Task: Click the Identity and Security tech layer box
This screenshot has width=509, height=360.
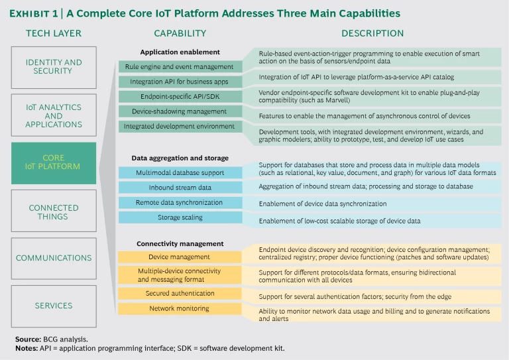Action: click(x=54, y=67)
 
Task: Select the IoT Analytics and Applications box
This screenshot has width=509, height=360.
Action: click(x=54, y=115)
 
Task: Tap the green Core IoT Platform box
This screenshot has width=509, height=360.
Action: click(x=54, y=162)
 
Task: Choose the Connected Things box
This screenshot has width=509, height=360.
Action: click(x=54, y=212)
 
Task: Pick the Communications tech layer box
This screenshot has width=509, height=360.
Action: click(x=54, y=258)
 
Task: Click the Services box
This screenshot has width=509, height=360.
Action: click(x=54, y=306)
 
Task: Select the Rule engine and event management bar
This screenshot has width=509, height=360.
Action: click(x=179, y=66)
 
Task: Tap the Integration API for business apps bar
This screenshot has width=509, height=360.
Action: click(x=179, y=82)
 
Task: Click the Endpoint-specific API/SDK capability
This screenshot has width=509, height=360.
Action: click(x=179, y=97)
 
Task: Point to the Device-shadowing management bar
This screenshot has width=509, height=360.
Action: click(x=179, y=111)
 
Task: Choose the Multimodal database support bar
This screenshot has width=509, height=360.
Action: click(x=179, y=172)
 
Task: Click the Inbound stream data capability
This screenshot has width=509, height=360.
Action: click(x=179, y=188)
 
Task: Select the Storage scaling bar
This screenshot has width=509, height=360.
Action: click(x=179, y=217)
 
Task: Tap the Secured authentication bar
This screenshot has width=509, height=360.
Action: click(x=179, y=293)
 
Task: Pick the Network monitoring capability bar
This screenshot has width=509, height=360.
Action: click(x=179, y=308)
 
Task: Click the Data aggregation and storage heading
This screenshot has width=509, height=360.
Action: click(x=180, y=158)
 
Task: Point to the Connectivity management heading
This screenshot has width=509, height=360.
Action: click(x=180, y=244)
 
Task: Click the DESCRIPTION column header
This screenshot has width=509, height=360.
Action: click(x=372, y=33)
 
